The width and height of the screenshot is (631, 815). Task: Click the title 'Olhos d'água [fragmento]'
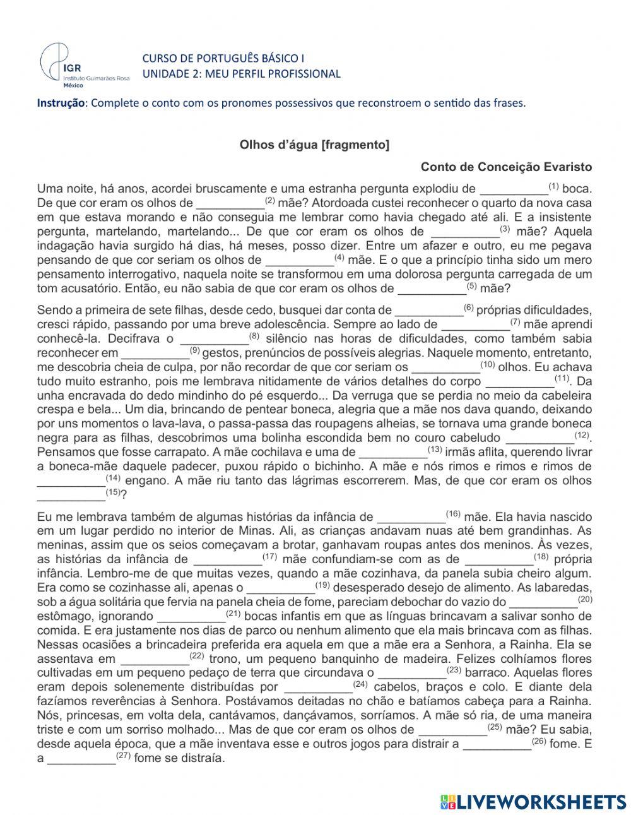click(x=314, y=145)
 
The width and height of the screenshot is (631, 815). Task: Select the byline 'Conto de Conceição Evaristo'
click(x=506, y=167)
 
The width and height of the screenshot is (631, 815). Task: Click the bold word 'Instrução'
click(x=61, y=103)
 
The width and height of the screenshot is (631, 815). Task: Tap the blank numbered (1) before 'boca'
click(x=514, y=189)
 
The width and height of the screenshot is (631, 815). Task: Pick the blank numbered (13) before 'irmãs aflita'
click(x=392, y=452)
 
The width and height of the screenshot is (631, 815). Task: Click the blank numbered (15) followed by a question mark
click(x=71, y=494)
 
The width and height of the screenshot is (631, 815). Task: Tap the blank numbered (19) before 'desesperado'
click(x=280, y=588)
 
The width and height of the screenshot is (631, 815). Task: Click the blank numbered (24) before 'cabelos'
click(x=319, y=687)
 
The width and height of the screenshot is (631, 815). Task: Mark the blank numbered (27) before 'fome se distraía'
click(x=82, y=759)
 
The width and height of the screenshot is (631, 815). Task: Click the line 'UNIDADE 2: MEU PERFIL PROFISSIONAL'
click(x=241, y=74)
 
